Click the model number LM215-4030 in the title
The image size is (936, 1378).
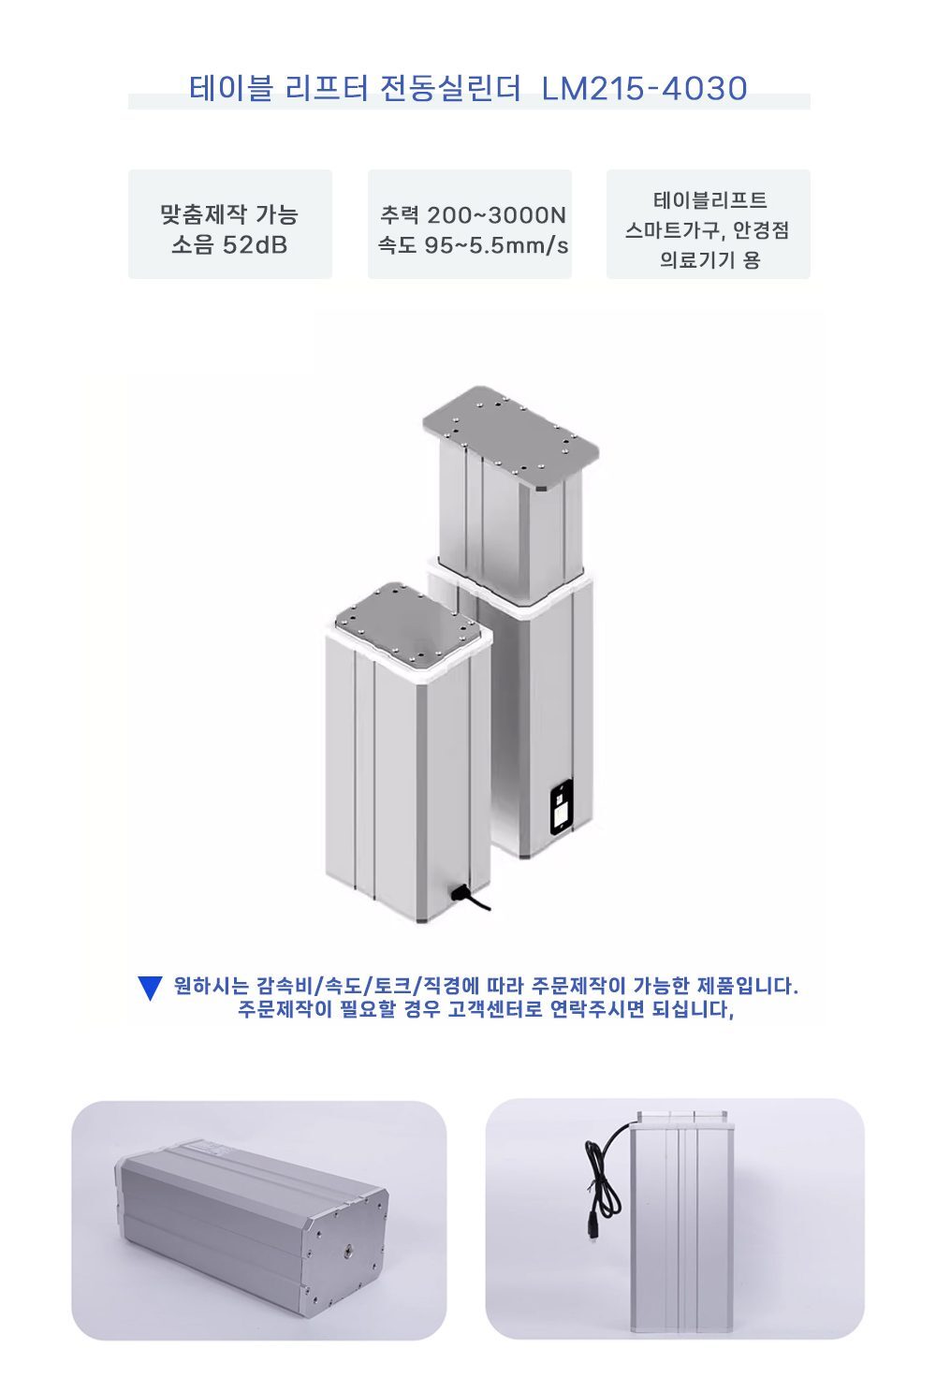point(644,88)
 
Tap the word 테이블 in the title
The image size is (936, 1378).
point(230,88)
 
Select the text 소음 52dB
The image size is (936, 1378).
point(229,245)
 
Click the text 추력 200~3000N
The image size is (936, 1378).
point(473,214)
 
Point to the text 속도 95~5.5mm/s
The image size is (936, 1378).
point(473,245)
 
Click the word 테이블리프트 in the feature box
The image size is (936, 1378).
point(709,200)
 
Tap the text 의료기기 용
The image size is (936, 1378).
point(709,259)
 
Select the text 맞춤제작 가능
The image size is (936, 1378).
point(229,214)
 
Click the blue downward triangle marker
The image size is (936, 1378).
point(150,988)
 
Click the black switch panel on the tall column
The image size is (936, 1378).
point(561,807)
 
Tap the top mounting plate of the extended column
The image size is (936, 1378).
point(510,436)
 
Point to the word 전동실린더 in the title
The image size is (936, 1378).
point(451,88)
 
